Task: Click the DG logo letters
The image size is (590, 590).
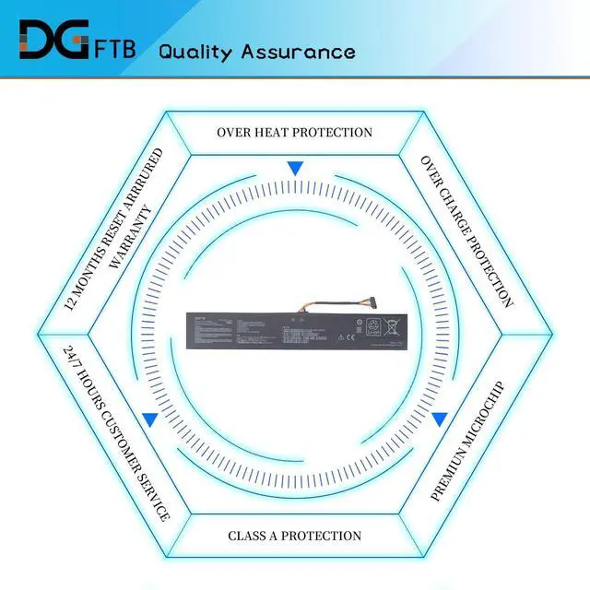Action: coord(53,41)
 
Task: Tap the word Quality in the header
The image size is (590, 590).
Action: coord(195,52)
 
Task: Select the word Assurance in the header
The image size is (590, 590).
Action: coord(297,51)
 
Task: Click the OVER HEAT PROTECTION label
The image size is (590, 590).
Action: coord(294,133)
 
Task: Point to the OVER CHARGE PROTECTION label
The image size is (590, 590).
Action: coord(466,230)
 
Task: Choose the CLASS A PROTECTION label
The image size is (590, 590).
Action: coord(294,536)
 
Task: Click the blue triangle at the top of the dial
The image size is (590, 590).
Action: coord(295,169)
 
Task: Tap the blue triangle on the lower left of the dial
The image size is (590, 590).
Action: coord(149,419)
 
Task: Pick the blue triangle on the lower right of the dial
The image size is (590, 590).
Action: coord(440,419)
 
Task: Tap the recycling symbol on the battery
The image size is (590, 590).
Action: coord(374,325)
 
